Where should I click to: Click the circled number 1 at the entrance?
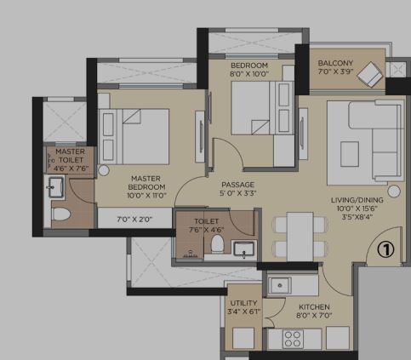[x=385, y=249]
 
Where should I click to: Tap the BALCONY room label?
[x=335, y=63]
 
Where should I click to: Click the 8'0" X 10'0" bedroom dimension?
[x=249, y=74]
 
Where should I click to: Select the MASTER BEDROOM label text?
[x=146, y=183]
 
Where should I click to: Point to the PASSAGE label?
[x=237, y=185]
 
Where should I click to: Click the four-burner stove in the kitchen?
[x=293, y=339]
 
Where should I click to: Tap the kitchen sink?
[x=280, y=285]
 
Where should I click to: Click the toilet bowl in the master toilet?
[x=61, y=214]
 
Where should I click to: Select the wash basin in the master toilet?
[x=56, y=187]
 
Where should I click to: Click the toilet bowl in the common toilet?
[x=218, y=243]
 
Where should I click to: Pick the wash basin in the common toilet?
[x=243, y=249]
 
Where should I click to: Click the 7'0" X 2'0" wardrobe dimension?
[x=134, y=219]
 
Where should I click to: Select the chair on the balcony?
[x=370, y=75]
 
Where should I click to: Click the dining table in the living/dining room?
[x=300, y=237]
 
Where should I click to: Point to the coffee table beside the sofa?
[x=350, y=154]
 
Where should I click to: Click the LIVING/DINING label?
[x=357, y=200]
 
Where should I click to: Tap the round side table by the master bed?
[x=104, y=170]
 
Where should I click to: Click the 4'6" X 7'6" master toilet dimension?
[x=71, y=169]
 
